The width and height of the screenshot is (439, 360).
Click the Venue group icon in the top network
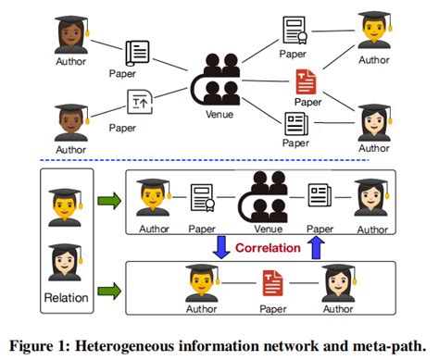[x=219, y=81]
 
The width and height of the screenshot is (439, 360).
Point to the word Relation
[x=66, y=298]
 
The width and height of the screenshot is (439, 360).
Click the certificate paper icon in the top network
[x=294, y=33]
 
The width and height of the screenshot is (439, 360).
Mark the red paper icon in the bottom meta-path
[x=271, y=280]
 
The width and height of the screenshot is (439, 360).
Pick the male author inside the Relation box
[x=66, y=205]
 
